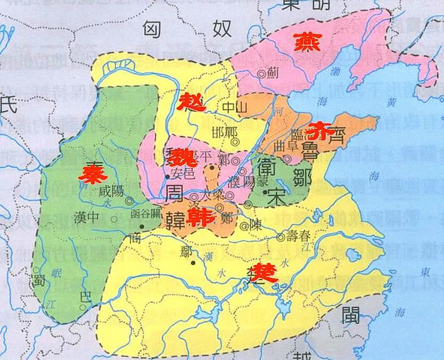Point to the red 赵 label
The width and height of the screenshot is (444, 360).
191,101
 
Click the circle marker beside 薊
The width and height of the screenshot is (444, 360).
261,76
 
